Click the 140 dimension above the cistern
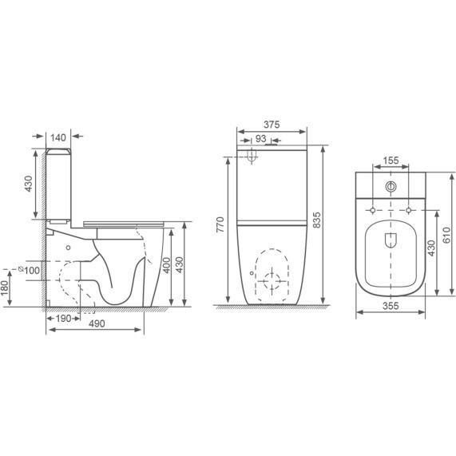58,137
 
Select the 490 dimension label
97,323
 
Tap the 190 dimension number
63,319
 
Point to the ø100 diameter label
29,271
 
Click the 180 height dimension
5,287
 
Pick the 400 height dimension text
166,265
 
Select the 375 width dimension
272,125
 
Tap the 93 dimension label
260,139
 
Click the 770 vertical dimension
220,224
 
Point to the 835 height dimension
317,220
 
